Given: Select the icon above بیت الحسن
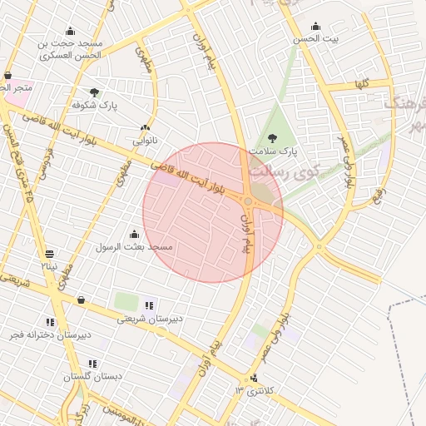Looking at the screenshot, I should [x=315, y=26].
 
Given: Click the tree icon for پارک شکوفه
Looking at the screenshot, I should [x=94, y=92].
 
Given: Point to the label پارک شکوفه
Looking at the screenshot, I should [x=95, y=106].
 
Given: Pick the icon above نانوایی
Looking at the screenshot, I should [x=145, y=128].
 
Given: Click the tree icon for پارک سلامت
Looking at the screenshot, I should [x=271, y=138].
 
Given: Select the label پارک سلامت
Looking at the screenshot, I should [x=278, y=151].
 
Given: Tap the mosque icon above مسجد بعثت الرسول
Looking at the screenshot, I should [x=134, y=235].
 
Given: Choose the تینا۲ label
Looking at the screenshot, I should [x=50, y=266].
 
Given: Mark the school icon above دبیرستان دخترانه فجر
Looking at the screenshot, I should [x=51, y=321].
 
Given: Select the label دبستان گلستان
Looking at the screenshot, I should [x=92, y=376].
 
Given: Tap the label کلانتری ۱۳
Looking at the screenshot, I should [x=254, y=391].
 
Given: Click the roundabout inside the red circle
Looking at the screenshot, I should [x=248, y=201].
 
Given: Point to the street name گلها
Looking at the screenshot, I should [x=361, y=83].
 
